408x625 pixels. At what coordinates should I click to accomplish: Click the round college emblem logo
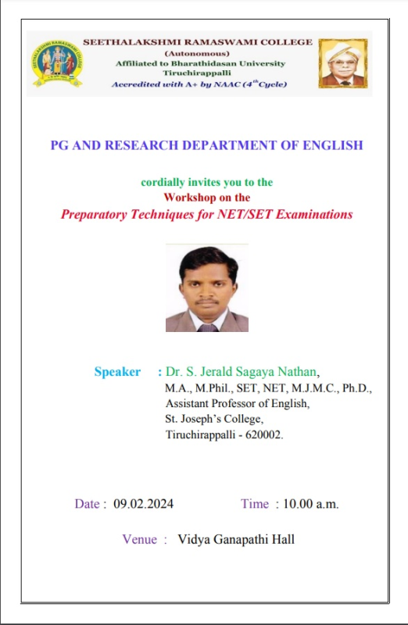(57, 63)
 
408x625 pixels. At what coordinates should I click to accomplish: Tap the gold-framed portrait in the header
(343, 63)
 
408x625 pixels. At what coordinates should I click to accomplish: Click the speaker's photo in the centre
(207, 287)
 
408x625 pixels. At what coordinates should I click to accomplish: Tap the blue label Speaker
(117, 372)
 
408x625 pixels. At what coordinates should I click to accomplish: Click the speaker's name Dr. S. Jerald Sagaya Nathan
(241, 372)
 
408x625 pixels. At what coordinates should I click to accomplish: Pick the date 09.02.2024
(144, 504)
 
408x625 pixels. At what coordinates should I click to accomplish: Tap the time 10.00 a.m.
(310, 504)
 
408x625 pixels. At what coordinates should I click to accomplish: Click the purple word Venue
(140, 539)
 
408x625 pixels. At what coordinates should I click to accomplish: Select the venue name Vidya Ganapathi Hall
(236, 539)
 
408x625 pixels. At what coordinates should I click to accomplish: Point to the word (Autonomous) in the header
(197, 53)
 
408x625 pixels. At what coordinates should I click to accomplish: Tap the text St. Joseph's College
(214, 419)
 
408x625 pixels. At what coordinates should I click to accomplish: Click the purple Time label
(255, 504)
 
